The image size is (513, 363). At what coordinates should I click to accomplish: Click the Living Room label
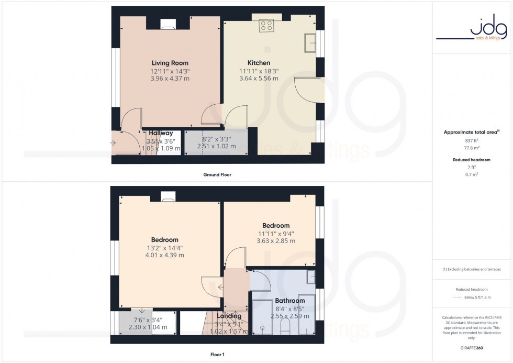pos(170,63)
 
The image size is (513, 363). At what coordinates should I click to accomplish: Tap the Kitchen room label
pos(259,63)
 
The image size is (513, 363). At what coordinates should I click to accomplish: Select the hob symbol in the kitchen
pos(266,25)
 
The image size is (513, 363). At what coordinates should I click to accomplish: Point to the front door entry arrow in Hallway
pos(114,142)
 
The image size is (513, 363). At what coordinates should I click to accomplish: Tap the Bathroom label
pos(289,301)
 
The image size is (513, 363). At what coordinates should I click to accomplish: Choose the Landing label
pos(229,316)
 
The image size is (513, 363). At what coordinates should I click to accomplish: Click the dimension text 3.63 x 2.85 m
pos(276,241)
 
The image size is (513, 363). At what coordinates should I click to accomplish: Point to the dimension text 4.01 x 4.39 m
pos(165,255)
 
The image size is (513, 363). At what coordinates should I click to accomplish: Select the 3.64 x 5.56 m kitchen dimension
pos(259,79)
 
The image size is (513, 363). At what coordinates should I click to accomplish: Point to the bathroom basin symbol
pos(311,277)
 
